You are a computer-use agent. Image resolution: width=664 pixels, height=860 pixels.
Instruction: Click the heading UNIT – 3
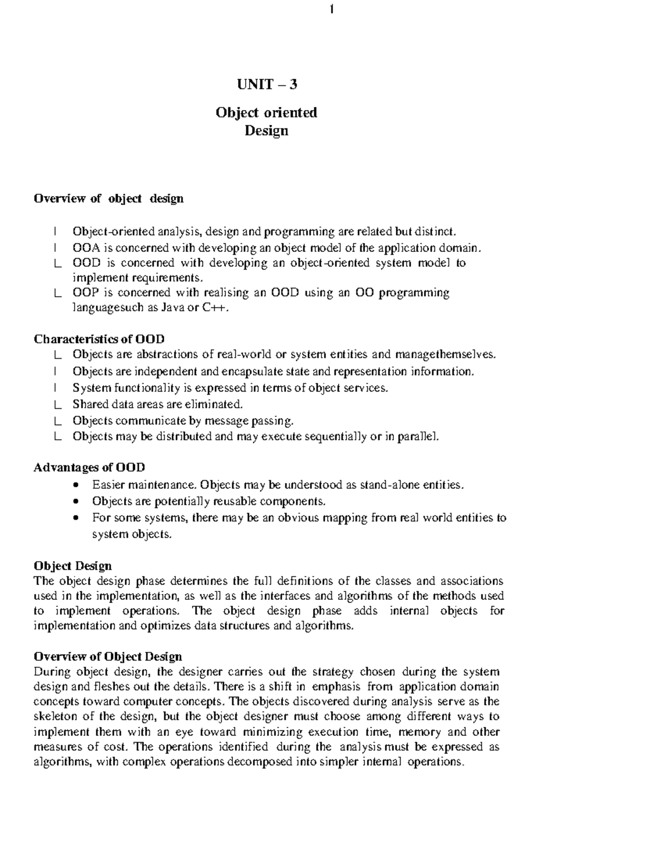267,84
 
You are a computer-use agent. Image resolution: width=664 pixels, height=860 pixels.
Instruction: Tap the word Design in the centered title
267,131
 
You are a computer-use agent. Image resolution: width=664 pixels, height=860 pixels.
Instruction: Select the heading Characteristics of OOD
99,338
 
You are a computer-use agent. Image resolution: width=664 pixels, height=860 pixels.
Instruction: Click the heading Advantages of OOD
90,467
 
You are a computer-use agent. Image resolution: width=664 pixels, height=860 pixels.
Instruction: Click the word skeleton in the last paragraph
56,717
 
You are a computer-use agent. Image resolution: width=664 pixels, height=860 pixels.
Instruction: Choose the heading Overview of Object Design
108,657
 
